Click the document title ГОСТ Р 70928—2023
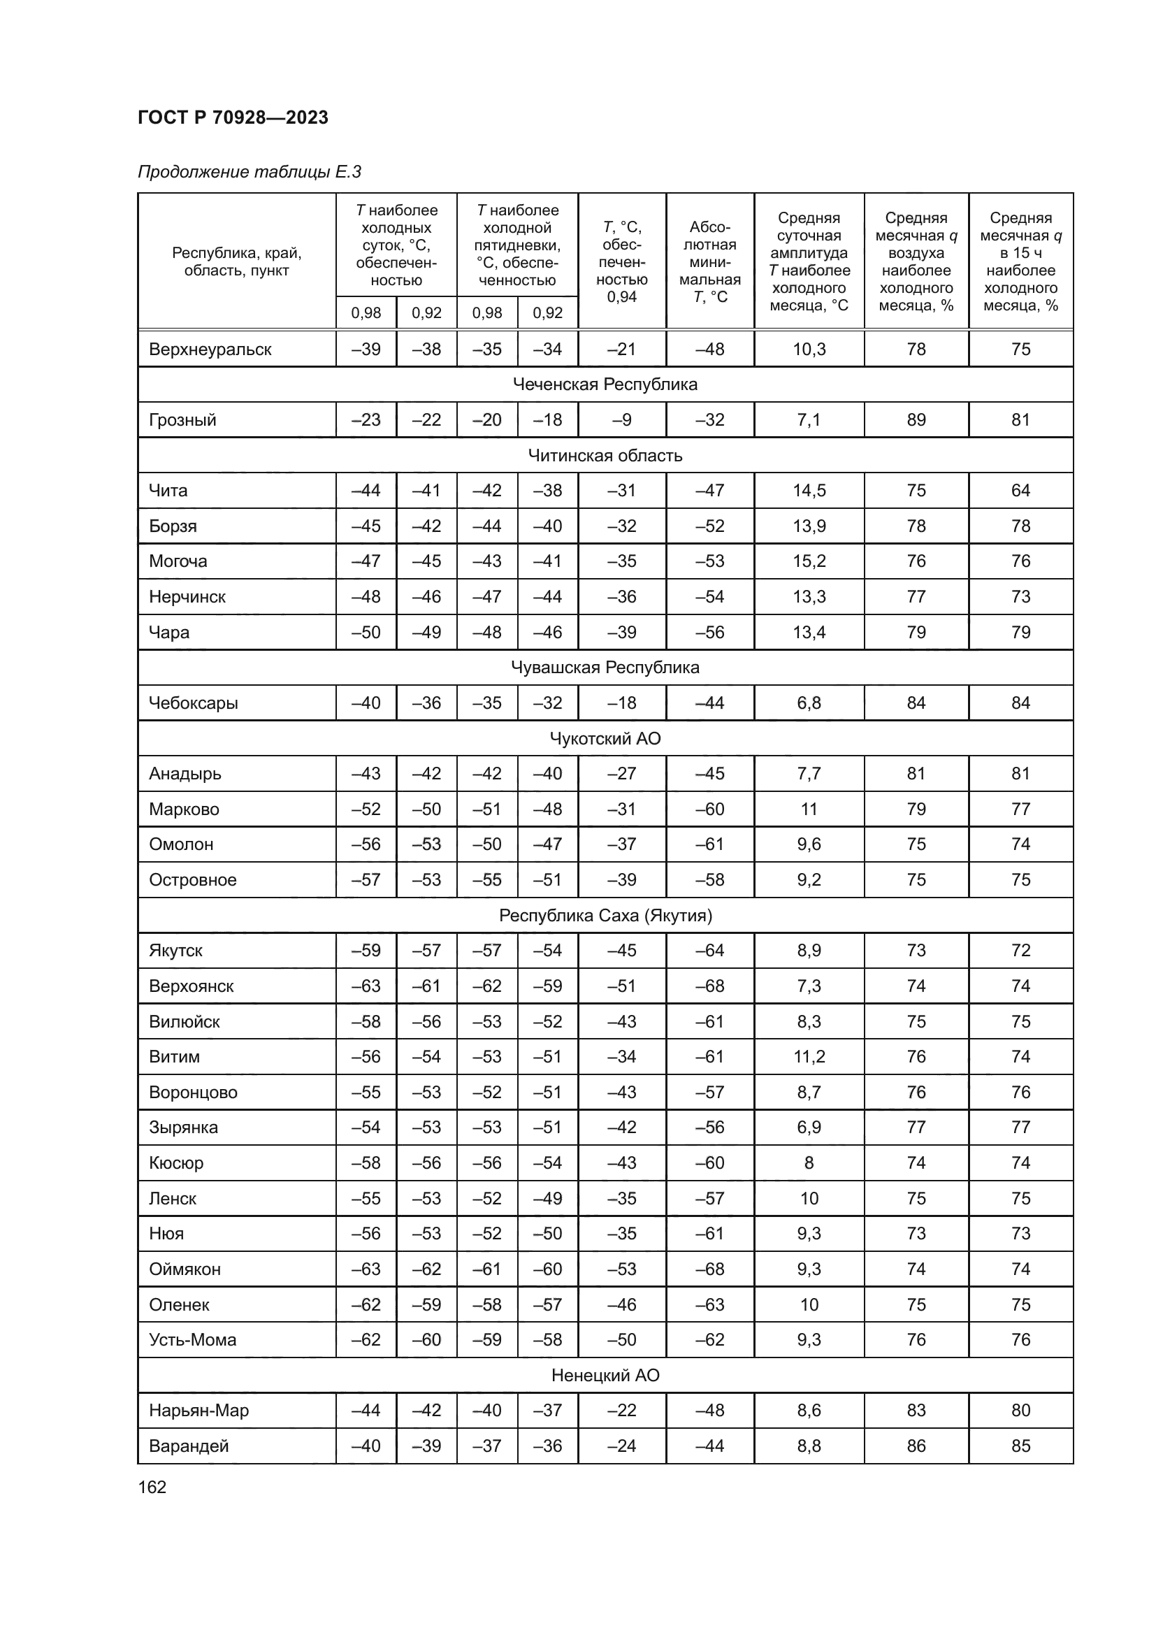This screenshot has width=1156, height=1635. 233,117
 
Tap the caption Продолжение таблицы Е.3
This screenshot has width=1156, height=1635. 249,172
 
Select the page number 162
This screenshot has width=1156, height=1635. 152,1487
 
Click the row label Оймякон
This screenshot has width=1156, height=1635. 185,1269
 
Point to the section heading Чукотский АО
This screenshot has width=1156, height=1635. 605,738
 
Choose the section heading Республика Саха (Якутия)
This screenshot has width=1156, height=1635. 605,915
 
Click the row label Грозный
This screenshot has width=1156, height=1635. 182,419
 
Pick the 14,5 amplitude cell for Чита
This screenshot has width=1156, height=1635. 809,491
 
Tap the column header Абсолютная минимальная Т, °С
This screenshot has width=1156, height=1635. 709,261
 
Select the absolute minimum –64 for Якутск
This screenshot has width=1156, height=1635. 709,951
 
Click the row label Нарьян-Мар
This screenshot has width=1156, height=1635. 198,1411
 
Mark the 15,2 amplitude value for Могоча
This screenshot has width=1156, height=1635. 809,561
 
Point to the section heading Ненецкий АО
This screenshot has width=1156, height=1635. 605,1375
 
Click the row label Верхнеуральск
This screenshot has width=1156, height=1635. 210,349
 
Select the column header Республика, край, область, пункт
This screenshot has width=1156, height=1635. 236,261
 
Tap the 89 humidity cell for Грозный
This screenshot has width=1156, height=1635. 916,419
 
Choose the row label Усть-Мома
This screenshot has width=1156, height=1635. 192,1339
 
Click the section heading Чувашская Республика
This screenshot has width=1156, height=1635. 605,668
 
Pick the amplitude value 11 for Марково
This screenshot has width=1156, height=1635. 809,809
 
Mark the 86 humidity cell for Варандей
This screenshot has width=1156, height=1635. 916,1446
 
